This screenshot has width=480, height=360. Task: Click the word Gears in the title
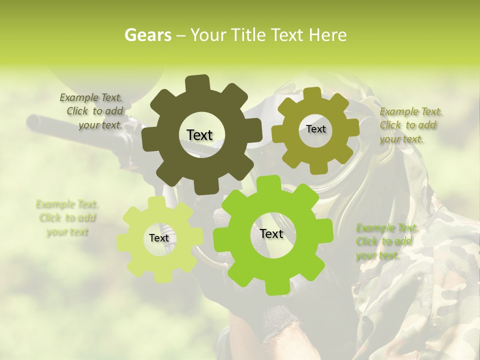coord(147,35)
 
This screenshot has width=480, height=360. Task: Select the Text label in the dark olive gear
coord(199,135)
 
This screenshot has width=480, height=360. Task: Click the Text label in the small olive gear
coord(315,129)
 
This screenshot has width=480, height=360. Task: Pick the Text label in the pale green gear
coord(159,238)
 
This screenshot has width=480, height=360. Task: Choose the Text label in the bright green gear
coord(271,233)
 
